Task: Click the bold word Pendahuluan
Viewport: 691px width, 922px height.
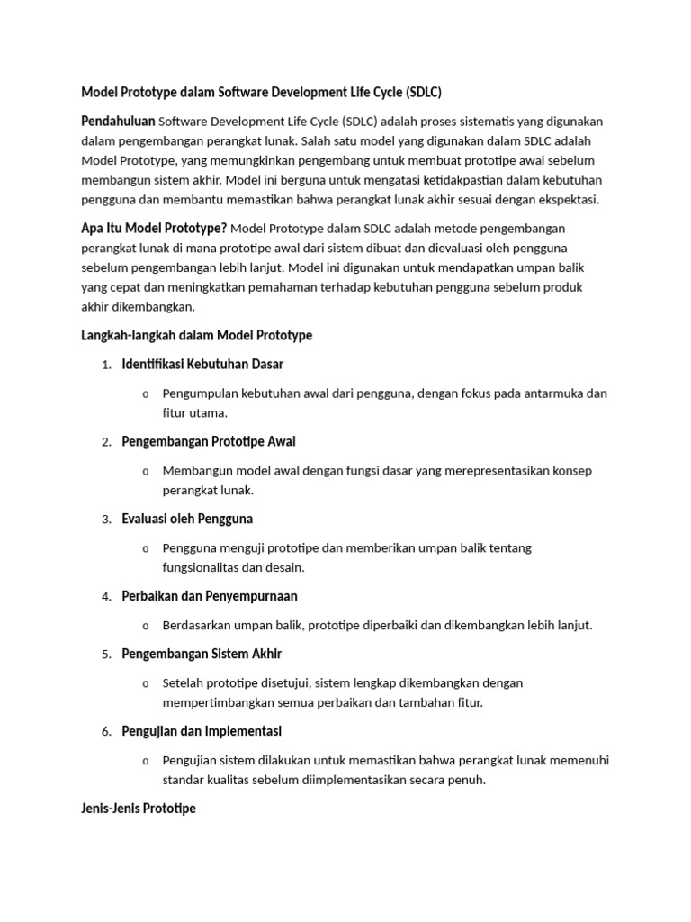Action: (x=118, y=121)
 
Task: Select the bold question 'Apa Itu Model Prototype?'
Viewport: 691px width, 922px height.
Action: (x=154, y=228)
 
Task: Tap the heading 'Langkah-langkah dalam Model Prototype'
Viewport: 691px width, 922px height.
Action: (x=197, y=335)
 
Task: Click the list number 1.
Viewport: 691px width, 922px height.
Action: (x=105, y=365)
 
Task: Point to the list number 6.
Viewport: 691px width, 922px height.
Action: (x=105, y=732)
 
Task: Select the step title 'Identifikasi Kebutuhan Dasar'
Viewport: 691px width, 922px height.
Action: (x=202, y=364)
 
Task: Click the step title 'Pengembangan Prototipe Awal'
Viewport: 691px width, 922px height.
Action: (x=209, y=441)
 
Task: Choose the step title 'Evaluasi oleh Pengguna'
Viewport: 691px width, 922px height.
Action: (x=187, y=519)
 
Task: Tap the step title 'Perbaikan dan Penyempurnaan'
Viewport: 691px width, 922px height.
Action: (x=210, y=596)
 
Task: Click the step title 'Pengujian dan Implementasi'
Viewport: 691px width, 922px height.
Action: (x=202, y=731)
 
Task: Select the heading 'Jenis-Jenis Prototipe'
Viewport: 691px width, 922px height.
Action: (x=139, y=809)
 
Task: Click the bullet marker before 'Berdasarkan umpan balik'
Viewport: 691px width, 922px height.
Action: (x=145, y=626)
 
